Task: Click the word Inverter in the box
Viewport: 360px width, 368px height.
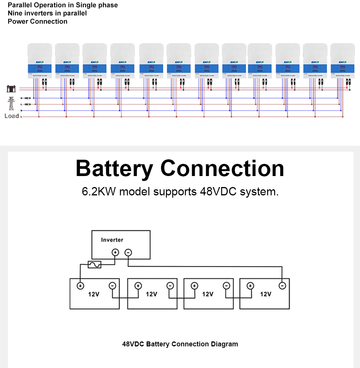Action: point(112,240)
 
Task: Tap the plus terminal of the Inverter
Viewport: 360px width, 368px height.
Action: point(115,252)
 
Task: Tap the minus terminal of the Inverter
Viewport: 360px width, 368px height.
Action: point(128,252)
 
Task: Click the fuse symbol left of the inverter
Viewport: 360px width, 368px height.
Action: point(94,264)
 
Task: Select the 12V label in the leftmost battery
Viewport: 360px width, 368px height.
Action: point(94,294)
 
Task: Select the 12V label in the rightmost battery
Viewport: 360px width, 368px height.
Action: point(265,294)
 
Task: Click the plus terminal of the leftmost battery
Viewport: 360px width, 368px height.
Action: point(80,286)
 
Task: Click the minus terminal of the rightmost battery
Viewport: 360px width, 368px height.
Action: point(282,286)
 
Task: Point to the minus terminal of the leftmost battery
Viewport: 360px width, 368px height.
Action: point(112,286)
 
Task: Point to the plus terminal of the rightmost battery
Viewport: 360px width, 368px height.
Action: point(250,286)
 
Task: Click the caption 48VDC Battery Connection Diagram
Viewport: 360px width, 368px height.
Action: point(180,344)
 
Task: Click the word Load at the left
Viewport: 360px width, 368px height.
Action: point(11,116)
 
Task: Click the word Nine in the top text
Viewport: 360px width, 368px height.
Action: point(16,13)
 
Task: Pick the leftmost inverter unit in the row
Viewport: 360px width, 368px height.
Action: point(40,61)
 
